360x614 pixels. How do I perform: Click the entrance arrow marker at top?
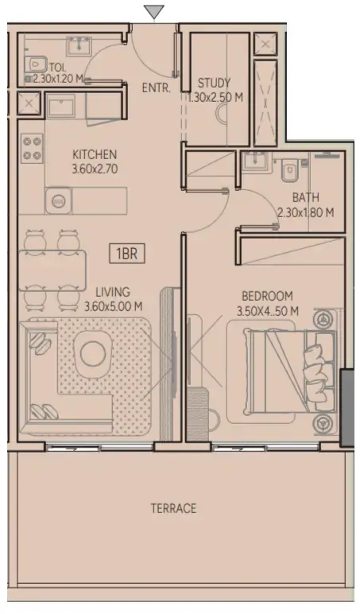(x=154, y=12)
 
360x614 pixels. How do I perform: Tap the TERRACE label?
(x=173, y=508)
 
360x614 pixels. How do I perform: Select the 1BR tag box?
(x=127, y=254)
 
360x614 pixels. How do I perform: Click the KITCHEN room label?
(x=95, y=153)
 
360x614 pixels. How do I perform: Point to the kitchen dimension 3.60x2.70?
(x=95, y=169)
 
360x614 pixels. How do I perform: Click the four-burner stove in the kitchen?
(x=32, y=147)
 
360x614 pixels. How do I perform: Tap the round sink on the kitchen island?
(x=59, y=200)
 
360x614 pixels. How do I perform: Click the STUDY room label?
(x=214, y=83)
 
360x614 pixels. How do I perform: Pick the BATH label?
(x=306, y=196)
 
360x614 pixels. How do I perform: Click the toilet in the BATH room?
(x=290, y=169)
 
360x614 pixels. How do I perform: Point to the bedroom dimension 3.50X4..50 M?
(x=268, y=311)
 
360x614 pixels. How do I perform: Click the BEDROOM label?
(x=267, y=296)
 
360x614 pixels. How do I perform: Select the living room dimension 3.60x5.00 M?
(x=114, y=307)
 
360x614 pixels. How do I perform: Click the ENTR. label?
(x=157, y=88)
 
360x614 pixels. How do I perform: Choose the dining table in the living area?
(x=52, y=270)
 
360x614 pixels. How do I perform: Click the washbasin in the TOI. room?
(x=79, y=46)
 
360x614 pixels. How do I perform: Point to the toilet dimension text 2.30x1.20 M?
(x=58, y=79)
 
